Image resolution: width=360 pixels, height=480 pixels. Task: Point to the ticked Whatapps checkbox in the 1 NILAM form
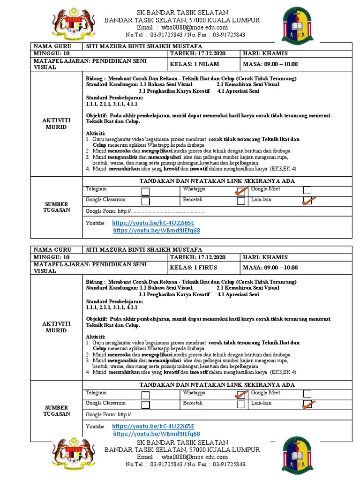241,191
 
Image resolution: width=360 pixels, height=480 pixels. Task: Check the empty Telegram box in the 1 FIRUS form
146,394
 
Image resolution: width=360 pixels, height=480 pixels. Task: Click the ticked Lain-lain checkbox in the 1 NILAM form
307,201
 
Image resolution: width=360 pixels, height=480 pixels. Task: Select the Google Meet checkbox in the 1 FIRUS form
307,394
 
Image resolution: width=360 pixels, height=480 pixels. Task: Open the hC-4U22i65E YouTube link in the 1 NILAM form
153,223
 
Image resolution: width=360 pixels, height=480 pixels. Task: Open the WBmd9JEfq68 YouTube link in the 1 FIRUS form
157,434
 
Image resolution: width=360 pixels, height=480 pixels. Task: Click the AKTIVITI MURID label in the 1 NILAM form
56,124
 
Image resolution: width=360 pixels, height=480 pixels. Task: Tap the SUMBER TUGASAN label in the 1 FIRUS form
56,411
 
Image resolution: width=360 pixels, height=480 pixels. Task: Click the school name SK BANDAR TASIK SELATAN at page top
182,13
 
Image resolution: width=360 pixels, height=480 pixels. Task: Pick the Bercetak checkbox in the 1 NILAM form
241,201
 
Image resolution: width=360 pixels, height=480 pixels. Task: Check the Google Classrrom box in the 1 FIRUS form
146,405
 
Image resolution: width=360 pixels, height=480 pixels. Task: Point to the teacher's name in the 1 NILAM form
144,46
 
